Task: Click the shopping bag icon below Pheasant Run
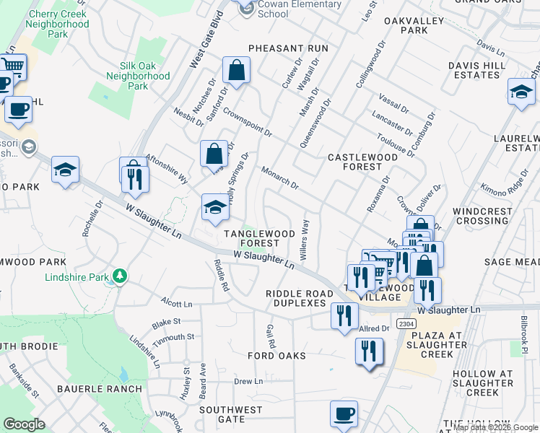[236, 71]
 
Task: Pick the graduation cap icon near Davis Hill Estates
[521, 92]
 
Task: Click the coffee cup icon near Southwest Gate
[344, 414]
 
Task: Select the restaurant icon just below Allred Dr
[369, 351]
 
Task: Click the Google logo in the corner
[24, 424]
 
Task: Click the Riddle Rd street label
[221, 276]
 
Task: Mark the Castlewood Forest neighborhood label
[362, 162]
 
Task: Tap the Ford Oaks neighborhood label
[276, 356]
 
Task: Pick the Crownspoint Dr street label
[247, 123]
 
